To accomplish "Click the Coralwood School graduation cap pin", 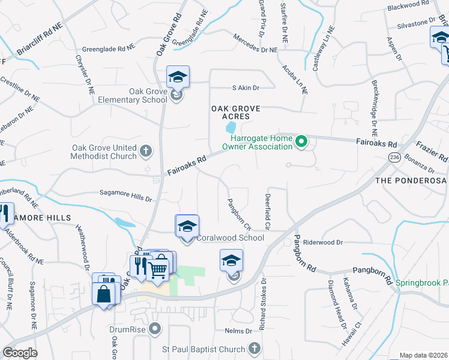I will (x=187, y=227).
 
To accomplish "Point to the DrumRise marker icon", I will (x=155, y=329).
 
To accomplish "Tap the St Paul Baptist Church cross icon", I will (x=254, y=349).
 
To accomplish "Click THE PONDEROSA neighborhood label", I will (x=411, y=180).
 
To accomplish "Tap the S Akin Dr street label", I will (x=246, y=88).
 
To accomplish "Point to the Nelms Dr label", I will (x=238, y=331).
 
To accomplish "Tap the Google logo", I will (x=20, y=353).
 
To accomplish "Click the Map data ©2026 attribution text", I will (x=423, y=355).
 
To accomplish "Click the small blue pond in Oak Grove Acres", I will (x=230, y=128).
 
